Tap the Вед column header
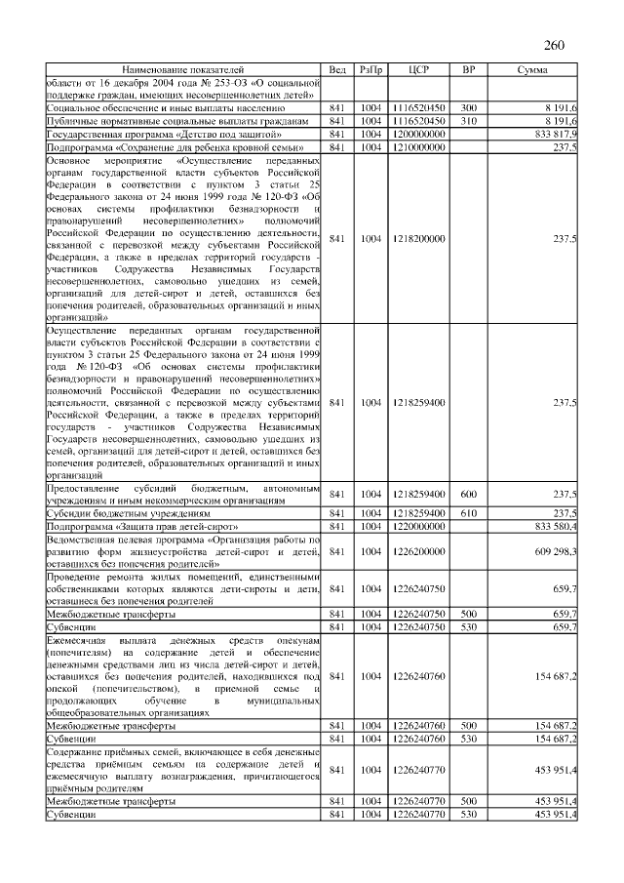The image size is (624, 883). [x=337, y=70]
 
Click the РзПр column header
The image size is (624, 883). [x=370, y=70]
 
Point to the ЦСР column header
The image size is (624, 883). [x=418, y=70]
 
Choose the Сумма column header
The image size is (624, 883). [x=531, y=70]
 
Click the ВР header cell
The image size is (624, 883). [x=468, y=70]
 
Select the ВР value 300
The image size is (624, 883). [x=468, y=107]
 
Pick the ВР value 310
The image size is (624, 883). [x=468, y=120]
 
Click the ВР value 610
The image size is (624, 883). [x=468, y=512]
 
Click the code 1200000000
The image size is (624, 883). [x=418, y=133]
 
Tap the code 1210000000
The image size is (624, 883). [x=418, y=145]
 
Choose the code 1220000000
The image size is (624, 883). [x=418, y=526]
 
